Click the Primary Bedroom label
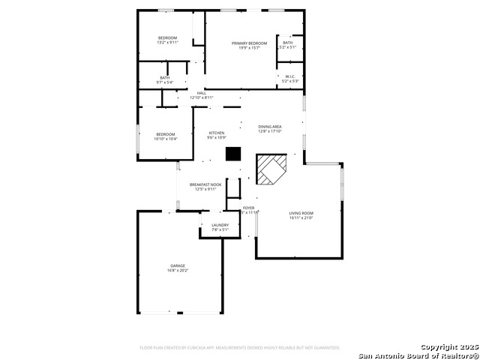click(249, 43)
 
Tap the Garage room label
click(178, 265)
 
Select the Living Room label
click(301, 214)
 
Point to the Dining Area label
click(270, 127)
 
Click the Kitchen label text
click(217, 133)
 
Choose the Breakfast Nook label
click(205, 184)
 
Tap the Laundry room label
click(220, 225)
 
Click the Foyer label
click(248, 208)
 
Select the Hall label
click(201, 93)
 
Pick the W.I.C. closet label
click(289, 76)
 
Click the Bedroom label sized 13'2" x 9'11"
click(167, 38)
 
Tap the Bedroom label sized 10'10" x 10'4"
click(165, 134)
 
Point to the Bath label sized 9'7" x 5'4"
click(164, 77)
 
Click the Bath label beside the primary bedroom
click(289, 43)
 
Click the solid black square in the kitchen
click(234, 154)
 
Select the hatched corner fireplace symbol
click(271, 170)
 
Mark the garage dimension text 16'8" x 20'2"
click(178, 270)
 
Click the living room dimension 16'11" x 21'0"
click(301, 218)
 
